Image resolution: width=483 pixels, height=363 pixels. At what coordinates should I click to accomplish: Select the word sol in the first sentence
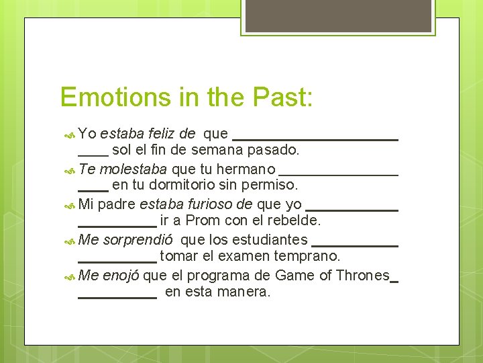pyautogui.click(x=121, y=149)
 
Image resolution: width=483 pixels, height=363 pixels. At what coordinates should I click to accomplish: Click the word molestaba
pyautogui.click(x=136, y=168)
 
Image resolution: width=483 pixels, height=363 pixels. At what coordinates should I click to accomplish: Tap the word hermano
pyautogui.click(x=246, y=168)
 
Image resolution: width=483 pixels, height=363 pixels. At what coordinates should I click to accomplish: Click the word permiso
pyautogui.click(x=273, y=185)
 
